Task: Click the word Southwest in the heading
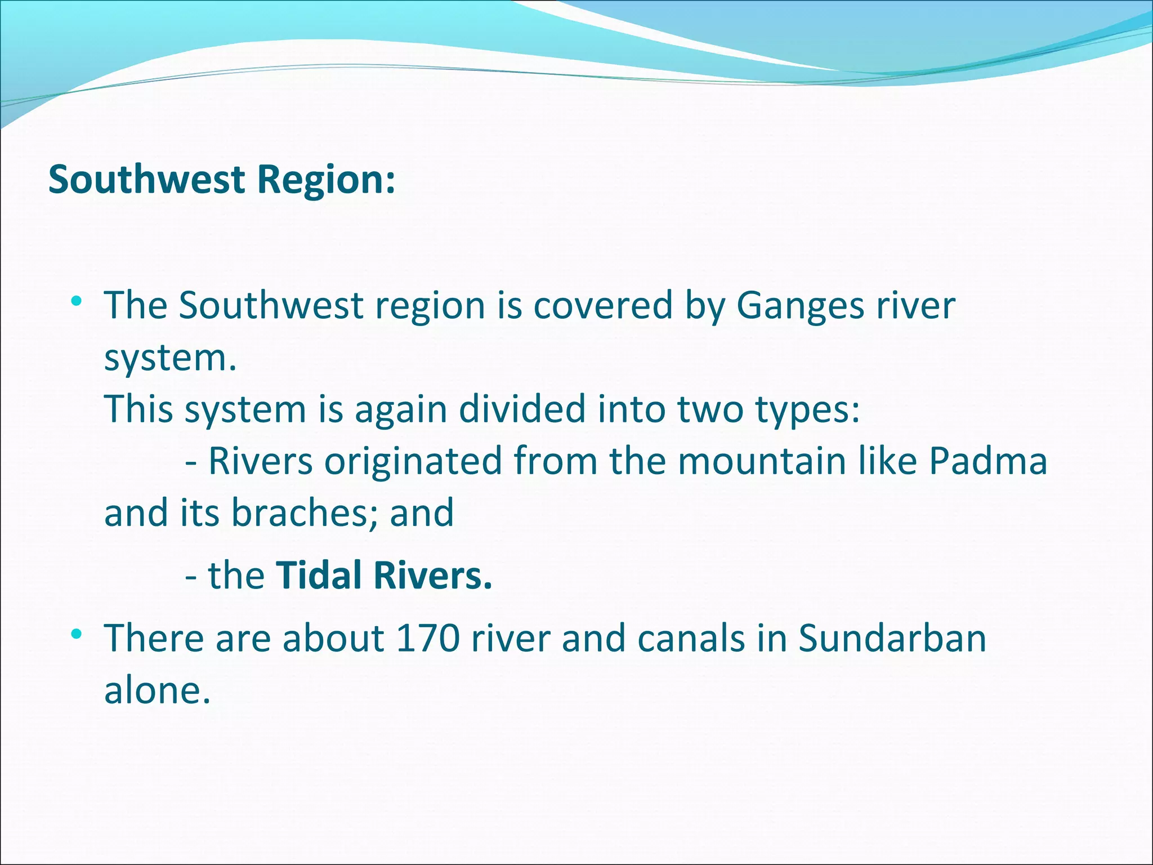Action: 147,180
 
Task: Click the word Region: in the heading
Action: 326,180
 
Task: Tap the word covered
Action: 603,306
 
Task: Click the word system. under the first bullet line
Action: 170,359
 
